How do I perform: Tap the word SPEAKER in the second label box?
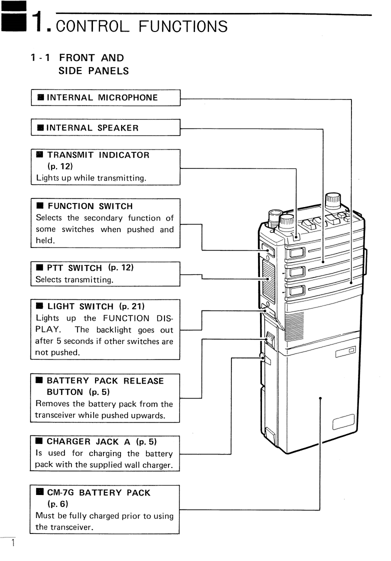(x=118, y=127)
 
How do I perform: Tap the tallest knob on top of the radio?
(x=332, y=201)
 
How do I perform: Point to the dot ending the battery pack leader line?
(x=319, y=398)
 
